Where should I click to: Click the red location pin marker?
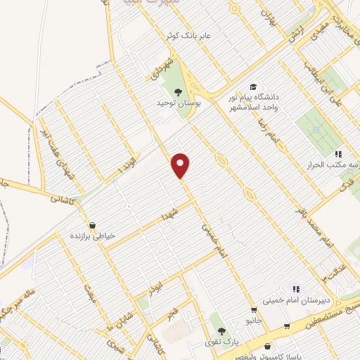181,166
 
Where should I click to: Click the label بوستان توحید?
179,103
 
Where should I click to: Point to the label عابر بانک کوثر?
195,34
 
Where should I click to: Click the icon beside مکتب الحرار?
337,154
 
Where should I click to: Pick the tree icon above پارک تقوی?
221,332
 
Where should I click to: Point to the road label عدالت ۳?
329,267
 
